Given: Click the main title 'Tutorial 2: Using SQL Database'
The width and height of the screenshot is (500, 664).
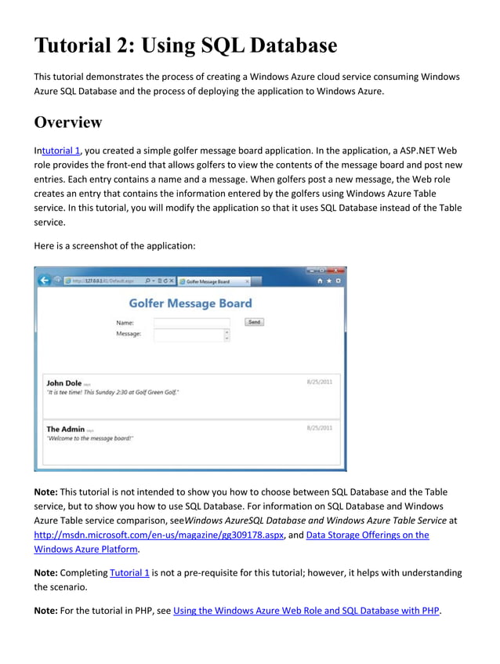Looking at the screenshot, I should [185, 45].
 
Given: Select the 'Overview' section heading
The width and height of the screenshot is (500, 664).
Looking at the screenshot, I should [68, 122].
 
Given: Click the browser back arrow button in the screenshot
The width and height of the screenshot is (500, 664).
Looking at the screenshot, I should [45, 281].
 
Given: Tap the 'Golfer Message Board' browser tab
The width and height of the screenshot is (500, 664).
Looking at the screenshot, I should [208, 281].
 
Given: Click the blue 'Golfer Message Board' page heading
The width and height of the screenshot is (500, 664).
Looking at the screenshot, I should [190, 303].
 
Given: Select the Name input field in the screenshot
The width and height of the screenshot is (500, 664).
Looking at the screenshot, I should [192, 322].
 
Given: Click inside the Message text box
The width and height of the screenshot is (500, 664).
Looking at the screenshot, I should [188, 335].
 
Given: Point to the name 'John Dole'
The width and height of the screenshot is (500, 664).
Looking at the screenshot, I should [63, 383].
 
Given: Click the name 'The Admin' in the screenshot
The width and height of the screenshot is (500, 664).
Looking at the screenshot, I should [65, 429].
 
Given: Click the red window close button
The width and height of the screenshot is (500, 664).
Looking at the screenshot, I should [336, 270].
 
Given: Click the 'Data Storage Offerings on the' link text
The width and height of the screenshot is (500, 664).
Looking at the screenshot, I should [367, 535].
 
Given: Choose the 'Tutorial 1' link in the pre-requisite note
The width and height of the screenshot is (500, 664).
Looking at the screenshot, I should [129, 572].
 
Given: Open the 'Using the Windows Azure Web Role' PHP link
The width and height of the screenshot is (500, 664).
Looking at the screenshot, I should [306, 610].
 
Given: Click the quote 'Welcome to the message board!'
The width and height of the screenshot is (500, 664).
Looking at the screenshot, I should [90, 439].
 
